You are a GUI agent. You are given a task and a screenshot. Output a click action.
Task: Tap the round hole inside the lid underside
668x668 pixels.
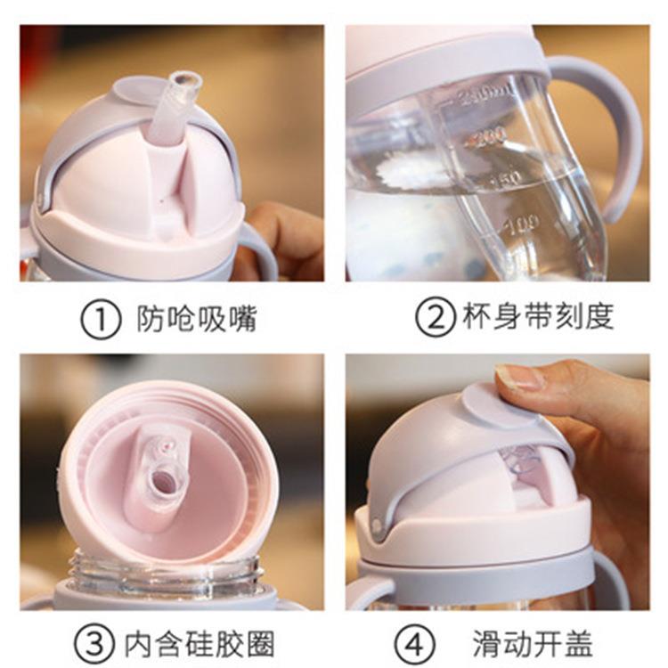click(x=165, y=482)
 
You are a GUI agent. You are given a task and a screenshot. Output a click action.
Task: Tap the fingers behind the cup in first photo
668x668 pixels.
click(x=285, y=236)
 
